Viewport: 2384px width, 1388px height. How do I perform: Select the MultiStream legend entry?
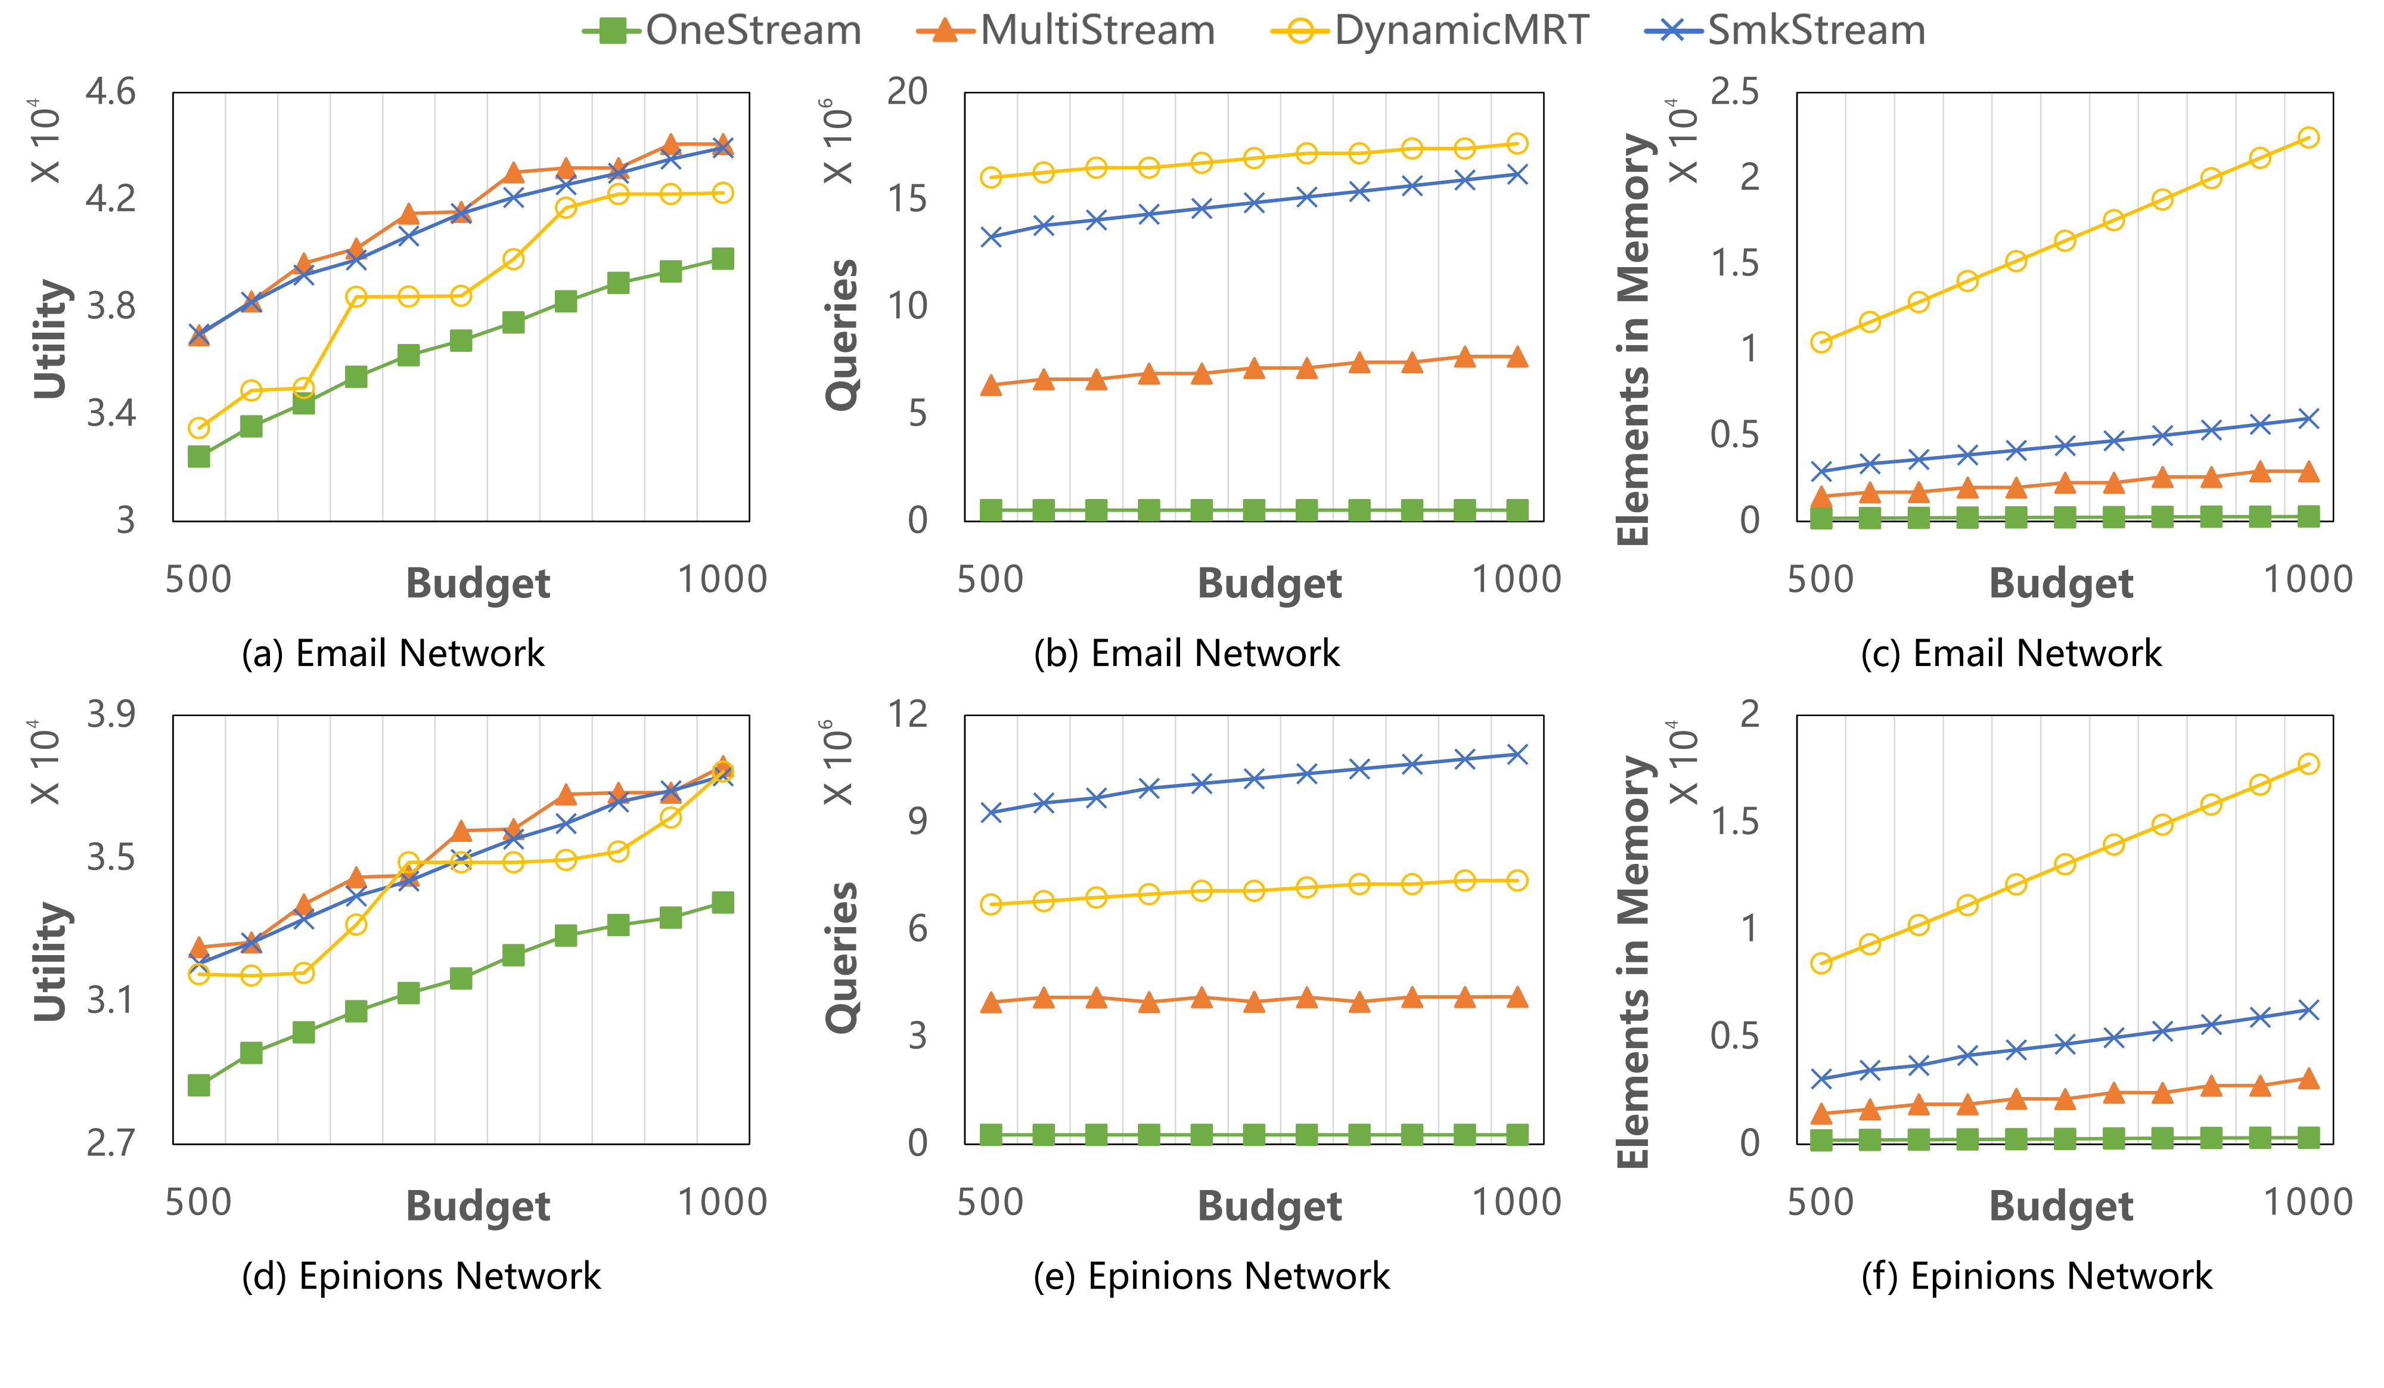tap(1066, 30)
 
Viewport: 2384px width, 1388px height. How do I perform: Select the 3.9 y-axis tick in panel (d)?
tap(111, 714)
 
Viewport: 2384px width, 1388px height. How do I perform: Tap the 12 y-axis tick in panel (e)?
tap(907, 714)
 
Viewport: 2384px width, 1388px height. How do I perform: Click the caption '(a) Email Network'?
tap(393, 653)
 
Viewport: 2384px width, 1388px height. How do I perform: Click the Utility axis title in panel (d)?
tap(51, 961)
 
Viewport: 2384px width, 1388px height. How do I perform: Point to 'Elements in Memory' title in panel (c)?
tap(1633, 339)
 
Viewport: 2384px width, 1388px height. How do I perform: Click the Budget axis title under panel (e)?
tap(1269, 1206)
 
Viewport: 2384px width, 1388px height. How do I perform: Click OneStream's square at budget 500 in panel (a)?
tap(198, 457)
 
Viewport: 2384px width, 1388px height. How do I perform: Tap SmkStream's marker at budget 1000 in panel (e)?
tap(1516, 754)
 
